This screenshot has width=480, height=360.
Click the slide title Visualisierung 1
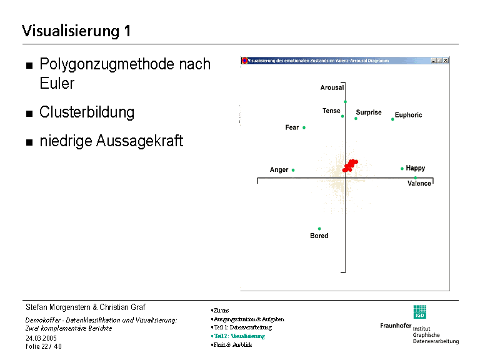pyautogui.click(x=76, y=31)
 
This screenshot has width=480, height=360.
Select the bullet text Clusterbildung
pyautogui.click(x=87, y=112)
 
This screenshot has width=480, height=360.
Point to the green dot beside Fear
pyautogui.click(x=304, y=127)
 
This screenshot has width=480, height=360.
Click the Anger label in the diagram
pyautogui.click(x=279, y=170)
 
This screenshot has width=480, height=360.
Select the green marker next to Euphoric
pyautogui.click(x=392, y=119)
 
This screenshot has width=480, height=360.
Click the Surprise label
pyautogui.click(x=369, y=112)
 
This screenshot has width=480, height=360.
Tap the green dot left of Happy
pyautogui.click(x=402, y=168)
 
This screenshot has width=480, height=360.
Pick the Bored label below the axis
pyautogui.click(x=319, y=236)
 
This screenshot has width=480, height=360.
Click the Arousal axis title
pyautogui.click(x=332, y=88)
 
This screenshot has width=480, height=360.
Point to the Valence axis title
pyautogui.click(x=419, y=184)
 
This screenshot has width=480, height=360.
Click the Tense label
pyautogui.click(x=331, y=111)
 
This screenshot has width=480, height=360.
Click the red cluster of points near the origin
pyautogui.click(x=350, y=165)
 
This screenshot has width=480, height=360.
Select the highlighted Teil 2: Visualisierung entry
pyautogui.click(x=239, y=336)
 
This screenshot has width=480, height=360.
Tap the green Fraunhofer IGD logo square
pyautogui.click(x=419, y=312)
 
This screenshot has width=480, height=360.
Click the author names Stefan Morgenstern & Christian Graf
pyautogui.click(x=85, y=307)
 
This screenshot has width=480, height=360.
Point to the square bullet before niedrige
pyautogui.click(x=29, y=142)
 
